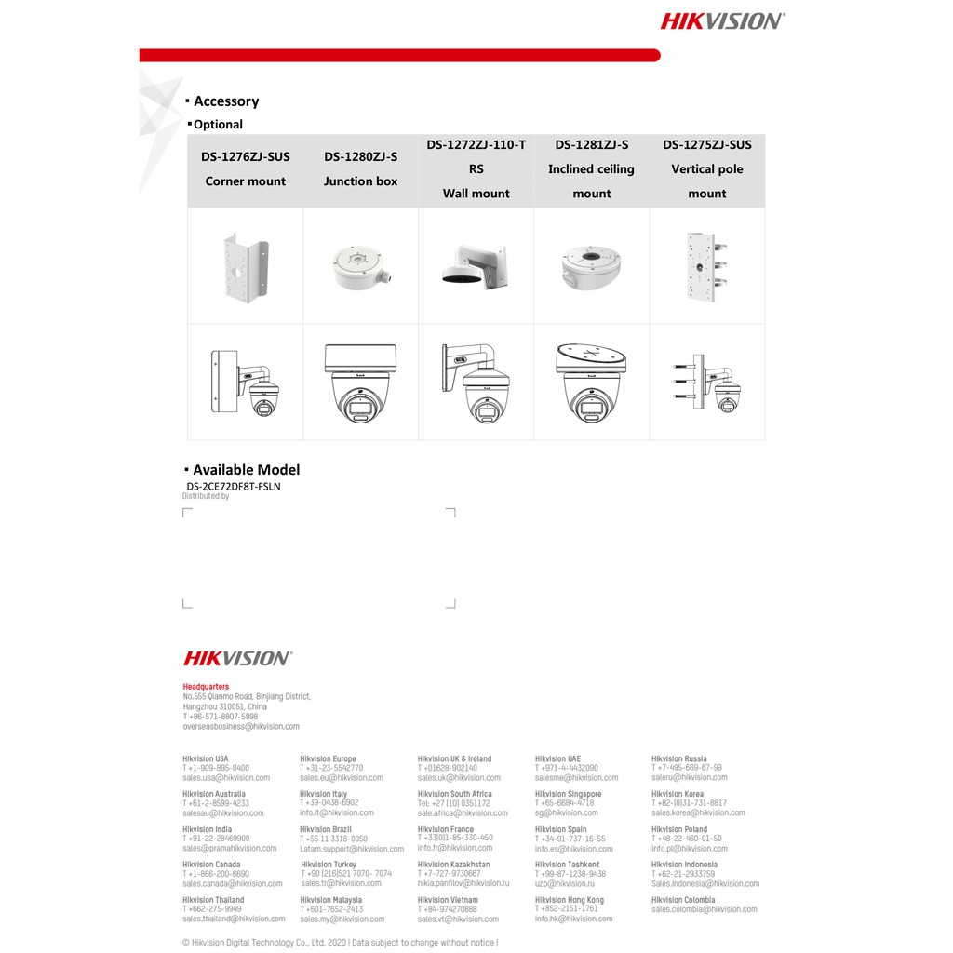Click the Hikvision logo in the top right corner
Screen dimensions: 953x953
click(x=722, y=20)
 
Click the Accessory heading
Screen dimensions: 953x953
click(x=226, y=101)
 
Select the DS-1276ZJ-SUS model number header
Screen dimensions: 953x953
click(x=246, y=156)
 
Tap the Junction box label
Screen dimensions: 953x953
click(x=360, y=181)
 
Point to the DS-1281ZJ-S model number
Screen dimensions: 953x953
click(x=591, y=144)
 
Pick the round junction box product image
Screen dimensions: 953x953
click(x=360, y=267)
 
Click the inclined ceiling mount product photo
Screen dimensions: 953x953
click(x=591, y=266)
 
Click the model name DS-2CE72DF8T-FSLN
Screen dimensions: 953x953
click(x=233, y=486)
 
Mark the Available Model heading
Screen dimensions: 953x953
click(x=246, y=470)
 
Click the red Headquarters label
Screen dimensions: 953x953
click(x=206, y=687)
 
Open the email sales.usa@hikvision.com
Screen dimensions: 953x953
click(x=226, y=777)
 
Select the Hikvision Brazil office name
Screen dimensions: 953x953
click(x=326, y=829)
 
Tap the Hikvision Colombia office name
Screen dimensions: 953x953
click(x=683, y=900)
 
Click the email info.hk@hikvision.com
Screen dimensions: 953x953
click(x=573, y=919)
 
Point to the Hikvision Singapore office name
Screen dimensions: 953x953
click(x=568, y=794)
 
